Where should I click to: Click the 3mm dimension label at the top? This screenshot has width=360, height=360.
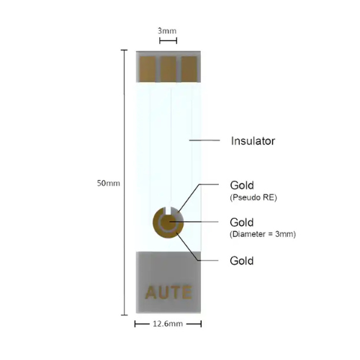click(167, 31)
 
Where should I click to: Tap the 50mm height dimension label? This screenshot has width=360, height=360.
click(109, 183)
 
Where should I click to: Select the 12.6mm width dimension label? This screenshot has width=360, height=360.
click(168, 324)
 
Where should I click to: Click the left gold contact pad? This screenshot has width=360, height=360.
click(148, 69)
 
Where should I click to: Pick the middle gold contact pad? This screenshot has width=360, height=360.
click(168, 69)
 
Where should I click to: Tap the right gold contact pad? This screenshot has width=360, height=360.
click(189, 69)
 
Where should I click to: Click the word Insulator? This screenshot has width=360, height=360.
click(253, 141)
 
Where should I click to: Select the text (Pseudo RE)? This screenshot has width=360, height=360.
click(253, 197)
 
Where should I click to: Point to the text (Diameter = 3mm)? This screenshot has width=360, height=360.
click(263, 234)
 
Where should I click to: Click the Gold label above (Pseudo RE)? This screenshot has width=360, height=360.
click(242, 185)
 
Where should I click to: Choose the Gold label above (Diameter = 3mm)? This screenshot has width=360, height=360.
click(242, 222)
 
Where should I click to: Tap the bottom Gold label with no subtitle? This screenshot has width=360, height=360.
click(242, 261)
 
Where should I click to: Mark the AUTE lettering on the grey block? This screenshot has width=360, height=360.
click(168, 292)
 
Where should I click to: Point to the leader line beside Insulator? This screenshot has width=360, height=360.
click(204, 140)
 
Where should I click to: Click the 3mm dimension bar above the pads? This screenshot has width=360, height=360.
click(168, 41)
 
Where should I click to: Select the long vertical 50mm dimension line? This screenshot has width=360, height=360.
click(124, 182)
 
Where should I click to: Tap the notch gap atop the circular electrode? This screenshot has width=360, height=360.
click(168, 210)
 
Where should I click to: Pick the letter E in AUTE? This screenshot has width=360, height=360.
click(187, 292)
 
